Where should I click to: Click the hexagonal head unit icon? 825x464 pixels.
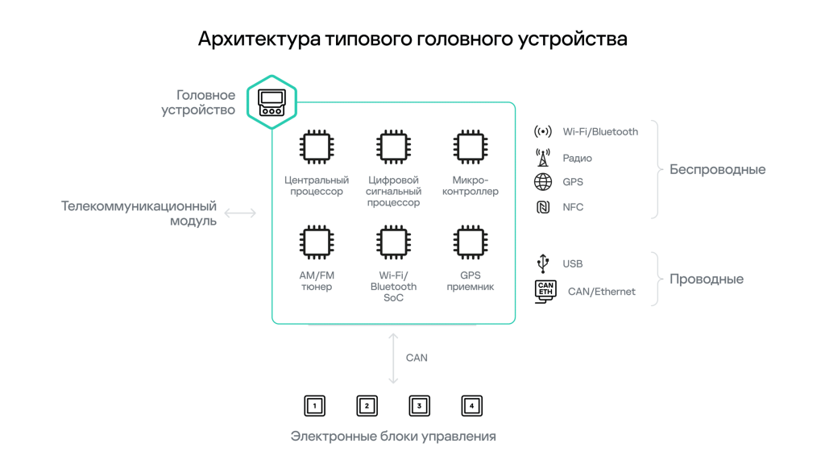tap(272, 102)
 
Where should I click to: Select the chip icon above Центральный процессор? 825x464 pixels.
tap(317, 147)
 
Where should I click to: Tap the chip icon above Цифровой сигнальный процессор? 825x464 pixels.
tap(393, 147)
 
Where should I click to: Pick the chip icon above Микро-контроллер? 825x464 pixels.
tap(470, 147)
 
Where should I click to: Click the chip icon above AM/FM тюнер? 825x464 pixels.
tap(317, 242)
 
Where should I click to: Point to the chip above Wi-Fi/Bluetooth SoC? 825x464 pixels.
tap(393, 242)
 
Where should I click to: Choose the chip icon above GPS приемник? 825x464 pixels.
tap(470, 242)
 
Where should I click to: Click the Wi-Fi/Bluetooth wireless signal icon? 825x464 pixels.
tap(543, 131)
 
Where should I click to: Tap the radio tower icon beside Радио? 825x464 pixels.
tap(543, 157)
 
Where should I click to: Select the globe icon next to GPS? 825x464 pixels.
tap(543, 182)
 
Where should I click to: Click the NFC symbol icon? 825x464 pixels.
tap(543, 207)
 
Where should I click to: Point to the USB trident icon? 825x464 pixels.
tap(543, 263)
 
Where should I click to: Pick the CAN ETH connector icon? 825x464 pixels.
tap(545, 291)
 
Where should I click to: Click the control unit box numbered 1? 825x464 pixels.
tap(315, 406)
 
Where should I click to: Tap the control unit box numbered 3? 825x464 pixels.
tap(419, 406)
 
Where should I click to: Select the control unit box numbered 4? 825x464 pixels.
tap(471, 406)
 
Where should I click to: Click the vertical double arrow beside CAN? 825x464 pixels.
tap(393, 358)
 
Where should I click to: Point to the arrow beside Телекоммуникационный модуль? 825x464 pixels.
tap(240, 213)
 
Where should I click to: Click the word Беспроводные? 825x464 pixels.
tap(717, 170)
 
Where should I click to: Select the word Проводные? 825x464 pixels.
tap(706, 280)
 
